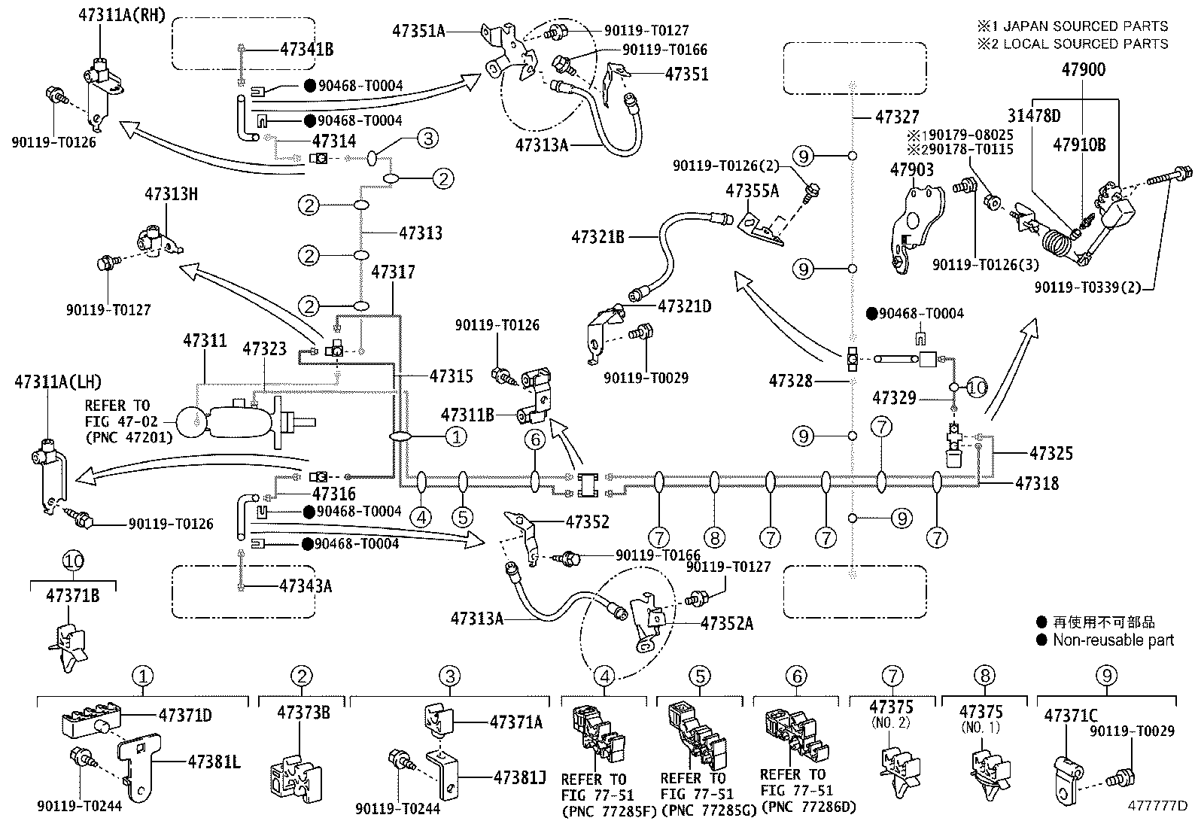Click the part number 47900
(x=1083, y=69)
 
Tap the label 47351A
(x=418, y=31)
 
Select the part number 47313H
(x=171, y=193)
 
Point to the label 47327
(x=898, y=117)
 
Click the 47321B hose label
(x=598, y=237)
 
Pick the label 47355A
(x=752, y=190)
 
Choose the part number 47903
(x=912, y=169)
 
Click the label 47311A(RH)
(x=122, y=15)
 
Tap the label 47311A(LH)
(x=58, y=382)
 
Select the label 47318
(x=1037, y=484)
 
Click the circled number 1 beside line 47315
(x=456, y=437)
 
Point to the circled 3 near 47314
(x=428, y=138)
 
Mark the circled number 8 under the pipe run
(x=715, y=537)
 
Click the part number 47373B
(x=303, y=713)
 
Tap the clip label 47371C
(x=1071, y=716)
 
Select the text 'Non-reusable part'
(x=1113, y=640)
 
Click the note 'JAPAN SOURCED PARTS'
(x=1086, y=26)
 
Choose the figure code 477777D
(x=1157, y=806)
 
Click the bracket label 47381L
(x=214, y=762)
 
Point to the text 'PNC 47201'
(x=129, y=437)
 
